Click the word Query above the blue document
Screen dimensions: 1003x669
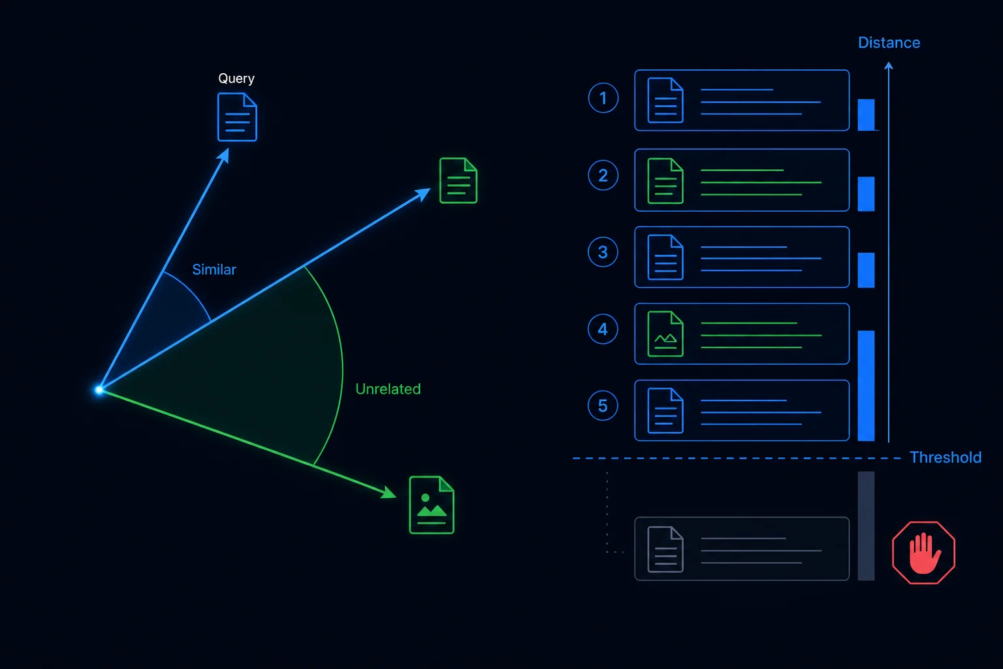point(236,79)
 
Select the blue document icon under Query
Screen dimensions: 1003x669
point(237,117)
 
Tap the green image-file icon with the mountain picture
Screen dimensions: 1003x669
point(432,505)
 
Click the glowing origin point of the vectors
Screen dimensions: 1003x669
point(99,390)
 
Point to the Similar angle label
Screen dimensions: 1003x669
point(214,269)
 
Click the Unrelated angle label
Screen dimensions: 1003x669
point(388,389)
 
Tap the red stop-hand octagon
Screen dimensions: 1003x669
point(923,553)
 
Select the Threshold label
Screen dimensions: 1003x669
point(946,457)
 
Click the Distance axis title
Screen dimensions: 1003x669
point(889,42)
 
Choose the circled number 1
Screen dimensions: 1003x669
point(603,98)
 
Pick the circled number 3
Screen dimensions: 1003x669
point(603,252)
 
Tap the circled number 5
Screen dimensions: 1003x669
point(603,406)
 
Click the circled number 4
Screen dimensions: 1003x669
point(603,329)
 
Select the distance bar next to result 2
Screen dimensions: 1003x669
point(866,193)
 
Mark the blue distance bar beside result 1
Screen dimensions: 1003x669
point(866,115)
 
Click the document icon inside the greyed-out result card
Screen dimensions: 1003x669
point(665,549)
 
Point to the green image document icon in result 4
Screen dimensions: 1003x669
point(665,334)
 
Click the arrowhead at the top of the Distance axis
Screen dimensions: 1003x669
point(889,66)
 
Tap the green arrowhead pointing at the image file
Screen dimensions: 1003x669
point(389,492)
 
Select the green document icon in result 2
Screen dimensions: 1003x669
point(665,180)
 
